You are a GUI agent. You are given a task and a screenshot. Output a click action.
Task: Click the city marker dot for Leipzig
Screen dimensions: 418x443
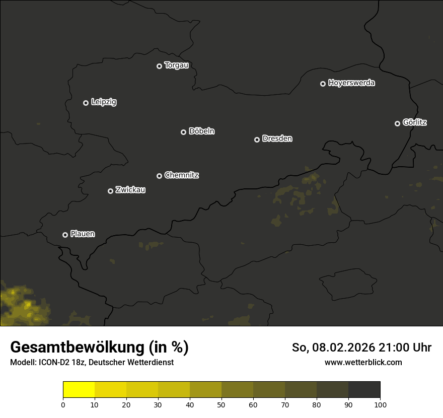point(86,103)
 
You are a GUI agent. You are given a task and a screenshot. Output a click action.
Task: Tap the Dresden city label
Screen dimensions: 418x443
point(277,138)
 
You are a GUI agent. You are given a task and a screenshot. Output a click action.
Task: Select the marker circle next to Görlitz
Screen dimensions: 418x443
point(397,123)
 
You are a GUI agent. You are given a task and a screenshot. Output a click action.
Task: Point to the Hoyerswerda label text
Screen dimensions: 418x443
point(351,83)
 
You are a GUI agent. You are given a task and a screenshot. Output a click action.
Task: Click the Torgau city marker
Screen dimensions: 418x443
point(159,66)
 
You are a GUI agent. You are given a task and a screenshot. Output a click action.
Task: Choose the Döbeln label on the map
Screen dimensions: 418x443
point(201,131)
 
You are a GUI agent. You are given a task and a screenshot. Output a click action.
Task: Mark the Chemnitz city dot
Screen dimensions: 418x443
point(159,176)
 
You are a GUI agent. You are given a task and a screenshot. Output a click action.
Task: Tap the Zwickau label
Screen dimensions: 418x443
point(130,190)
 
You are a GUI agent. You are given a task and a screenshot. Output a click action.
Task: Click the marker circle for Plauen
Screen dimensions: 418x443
point(65,235)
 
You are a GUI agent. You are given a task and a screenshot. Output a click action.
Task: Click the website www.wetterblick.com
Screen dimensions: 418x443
point(363,362)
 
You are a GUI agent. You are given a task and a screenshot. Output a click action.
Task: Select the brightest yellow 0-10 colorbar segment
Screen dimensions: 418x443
point(79,390)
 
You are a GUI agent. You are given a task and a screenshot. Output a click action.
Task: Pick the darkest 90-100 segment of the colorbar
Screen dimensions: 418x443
point(364,390)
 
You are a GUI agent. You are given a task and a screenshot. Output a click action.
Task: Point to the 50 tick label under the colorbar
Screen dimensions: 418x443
point(221,404)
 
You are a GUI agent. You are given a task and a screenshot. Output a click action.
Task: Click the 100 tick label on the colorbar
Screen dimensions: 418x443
point(380,404)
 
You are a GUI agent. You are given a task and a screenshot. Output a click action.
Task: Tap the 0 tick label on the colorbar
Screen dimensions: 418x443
point(63,404)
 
